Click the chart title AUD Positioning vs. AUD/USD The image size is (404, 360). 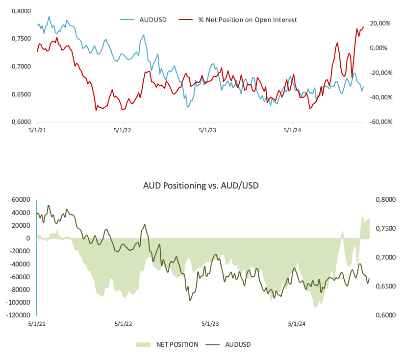point(201,186)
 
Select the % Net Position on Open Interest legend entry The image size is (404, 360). point(247,20)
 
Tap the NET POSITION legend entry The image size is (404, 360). point(177,344)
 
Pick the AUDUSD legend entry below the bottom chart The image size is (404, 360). point(238,344)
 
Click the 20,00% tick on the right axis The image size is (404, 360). point(380,24)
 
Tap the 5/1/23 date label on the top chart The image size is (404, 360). point(207,130)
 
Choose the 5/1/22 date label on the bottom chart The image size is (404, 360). point(124,324)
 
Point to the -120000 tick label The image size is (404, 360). point(17,315)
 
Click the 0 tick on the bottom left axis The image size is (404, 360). point(28,238)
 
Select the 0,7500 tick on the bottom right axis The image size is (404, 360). point(384,229)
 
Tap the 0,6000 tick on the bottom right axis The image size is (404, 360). point(384,315)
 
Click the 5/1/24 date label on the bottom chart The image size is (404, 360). point(296,324)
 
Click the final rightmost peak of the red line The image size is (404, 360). point(363,26)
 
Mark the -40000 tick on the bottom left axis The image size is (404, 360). point(19,264)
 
